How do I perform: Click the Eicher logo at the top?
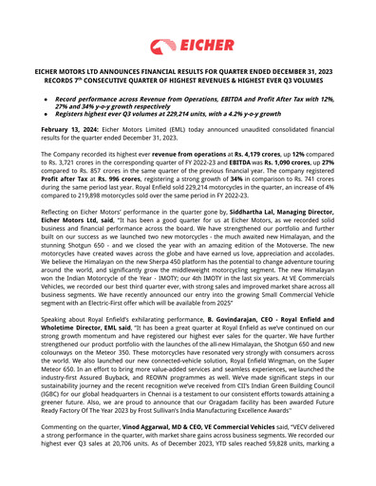187,45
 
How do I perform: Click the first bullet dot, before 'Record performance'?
46,99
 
